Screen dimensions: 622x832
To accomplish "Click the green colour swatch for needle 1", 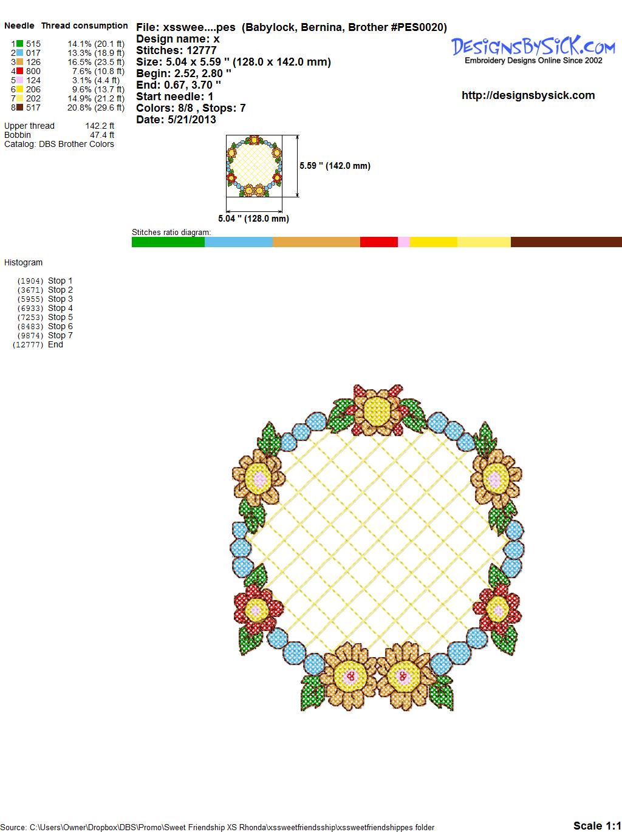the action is [19, 44].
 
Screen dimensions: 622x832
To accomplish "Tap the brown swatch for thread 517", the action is [19, 107].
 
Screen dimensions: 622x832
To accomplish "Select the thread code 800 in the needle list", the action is [33, 71].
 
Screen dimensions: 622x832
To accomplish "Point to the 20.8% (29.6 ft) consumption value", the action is [96, 107].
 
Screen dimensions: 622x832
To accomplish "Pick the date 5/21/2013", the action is [192, 120].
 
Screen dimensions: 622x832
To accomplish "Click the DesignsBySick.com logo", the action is [533, 49].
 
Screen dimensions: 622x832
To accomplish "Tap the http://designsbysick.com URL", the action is [528, 95].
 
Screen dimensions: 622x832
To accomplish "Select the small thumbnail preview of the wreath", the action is [254, 166].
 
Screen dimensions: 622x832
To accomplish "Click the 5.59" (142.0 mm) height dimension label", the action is [335, 166].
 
